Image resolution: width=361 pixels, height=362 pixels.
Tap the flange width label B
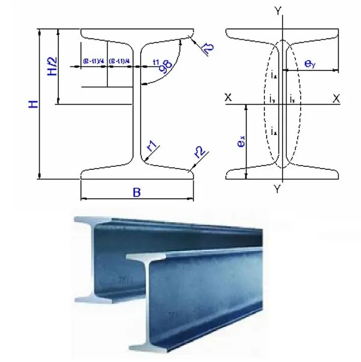pos(137,192)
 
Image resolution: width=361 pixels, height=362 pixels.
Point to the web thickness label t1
pos(156,62)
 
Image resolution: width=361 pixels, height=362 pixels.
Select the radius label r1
pos(152,145)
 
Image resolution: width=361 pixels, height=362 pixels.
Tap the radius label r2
pos(199,151)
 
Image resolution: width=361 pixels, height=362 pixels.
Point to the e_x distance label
pos(241,142)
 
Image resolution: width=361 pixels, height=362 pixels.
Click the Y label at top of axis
pos(277,11)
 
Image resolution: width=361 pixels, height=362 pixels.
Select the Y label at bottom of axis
pos(277,189)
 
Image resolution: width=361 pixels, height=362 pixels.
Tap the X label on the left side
pos(228,98)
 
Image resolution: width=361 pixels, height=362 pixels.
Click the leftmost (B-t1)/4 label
pos(93,61)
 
